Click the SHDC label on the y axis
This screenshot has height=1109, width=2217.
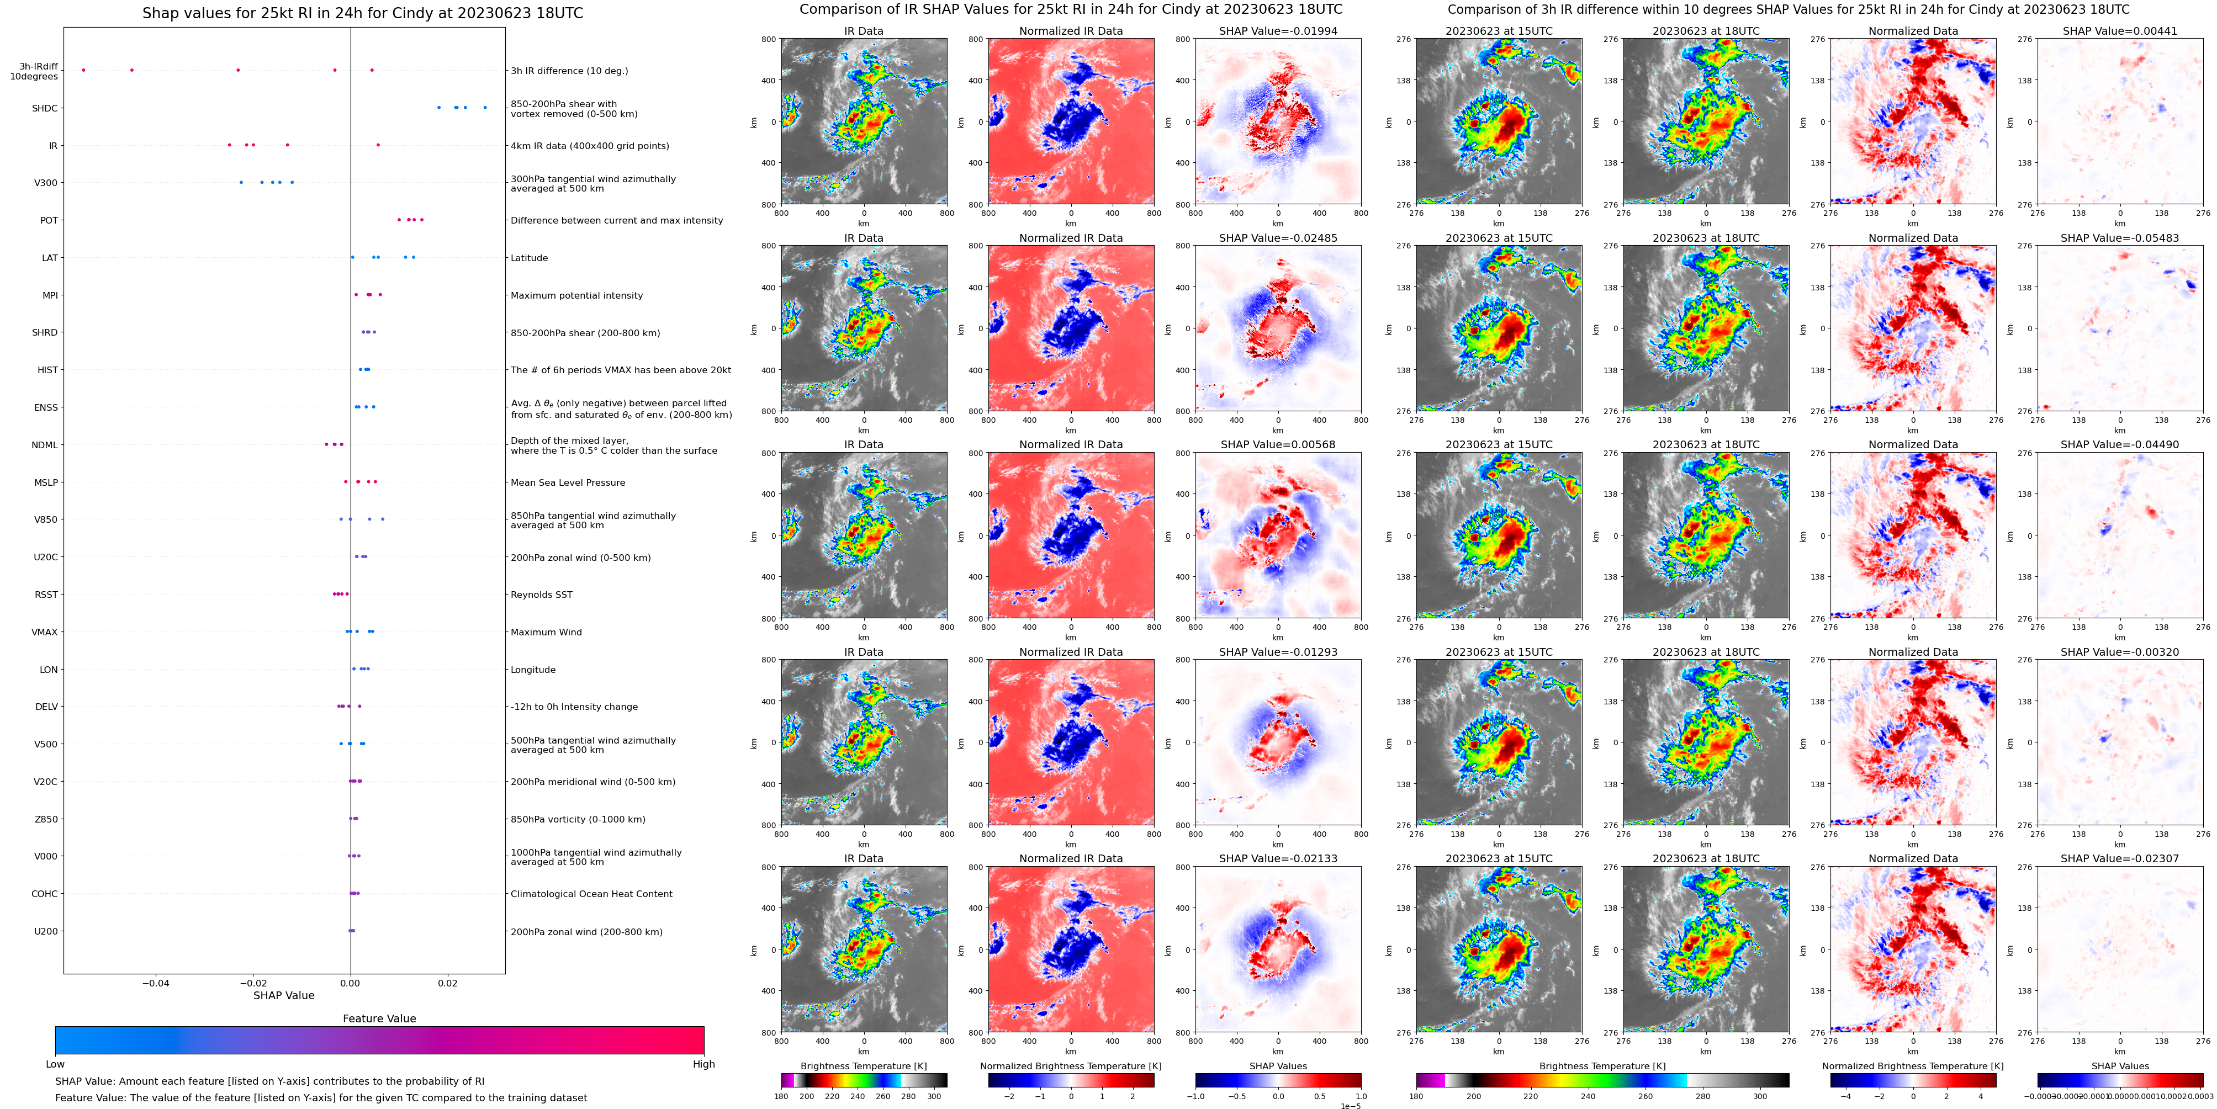coord(45,108)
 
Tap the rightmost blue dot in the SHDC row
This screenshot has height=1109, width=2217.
coord(485,108)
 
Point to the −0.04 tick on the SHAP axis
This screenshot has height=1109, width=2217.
coord(156,983)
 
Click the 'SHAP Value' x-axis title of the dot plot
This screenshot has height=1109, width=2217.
coord(283,995)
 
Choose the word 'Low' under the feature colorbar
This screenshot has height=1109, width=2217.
coord(55,1064)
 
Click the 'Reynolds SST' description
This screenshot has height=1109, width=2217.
coord(541,595)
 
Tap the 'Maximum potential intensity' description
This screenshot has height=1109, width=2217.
coord(576,295)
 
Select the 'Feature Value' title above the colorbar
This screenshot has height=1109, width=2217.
coord(379,1018)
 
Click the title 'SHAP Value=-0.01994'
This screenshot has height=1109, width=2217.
coord(1278,31)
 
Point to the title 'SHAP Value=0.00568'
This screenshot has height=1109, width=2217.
coord(1278,445)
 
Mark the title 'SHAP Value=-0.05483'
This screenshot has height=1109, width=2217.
coord(2120,238)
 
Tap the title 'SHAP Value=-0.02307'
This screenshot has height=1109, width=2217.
coord(2120,858)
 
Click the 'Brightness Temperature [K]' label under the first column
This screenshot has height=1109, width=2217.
coord(863,1066)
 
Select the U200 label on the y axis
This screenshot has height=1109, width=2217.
coord(46,931)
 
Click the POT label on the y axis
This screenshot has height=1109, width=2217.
coord(49,220)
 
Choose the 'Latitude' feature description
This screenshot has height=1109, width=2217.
coord(530,258)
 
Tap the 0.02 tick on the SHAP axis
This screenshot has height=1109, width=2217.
coord(447,983)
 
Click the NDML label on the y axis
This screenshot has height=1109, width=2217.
coord(45,445)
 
